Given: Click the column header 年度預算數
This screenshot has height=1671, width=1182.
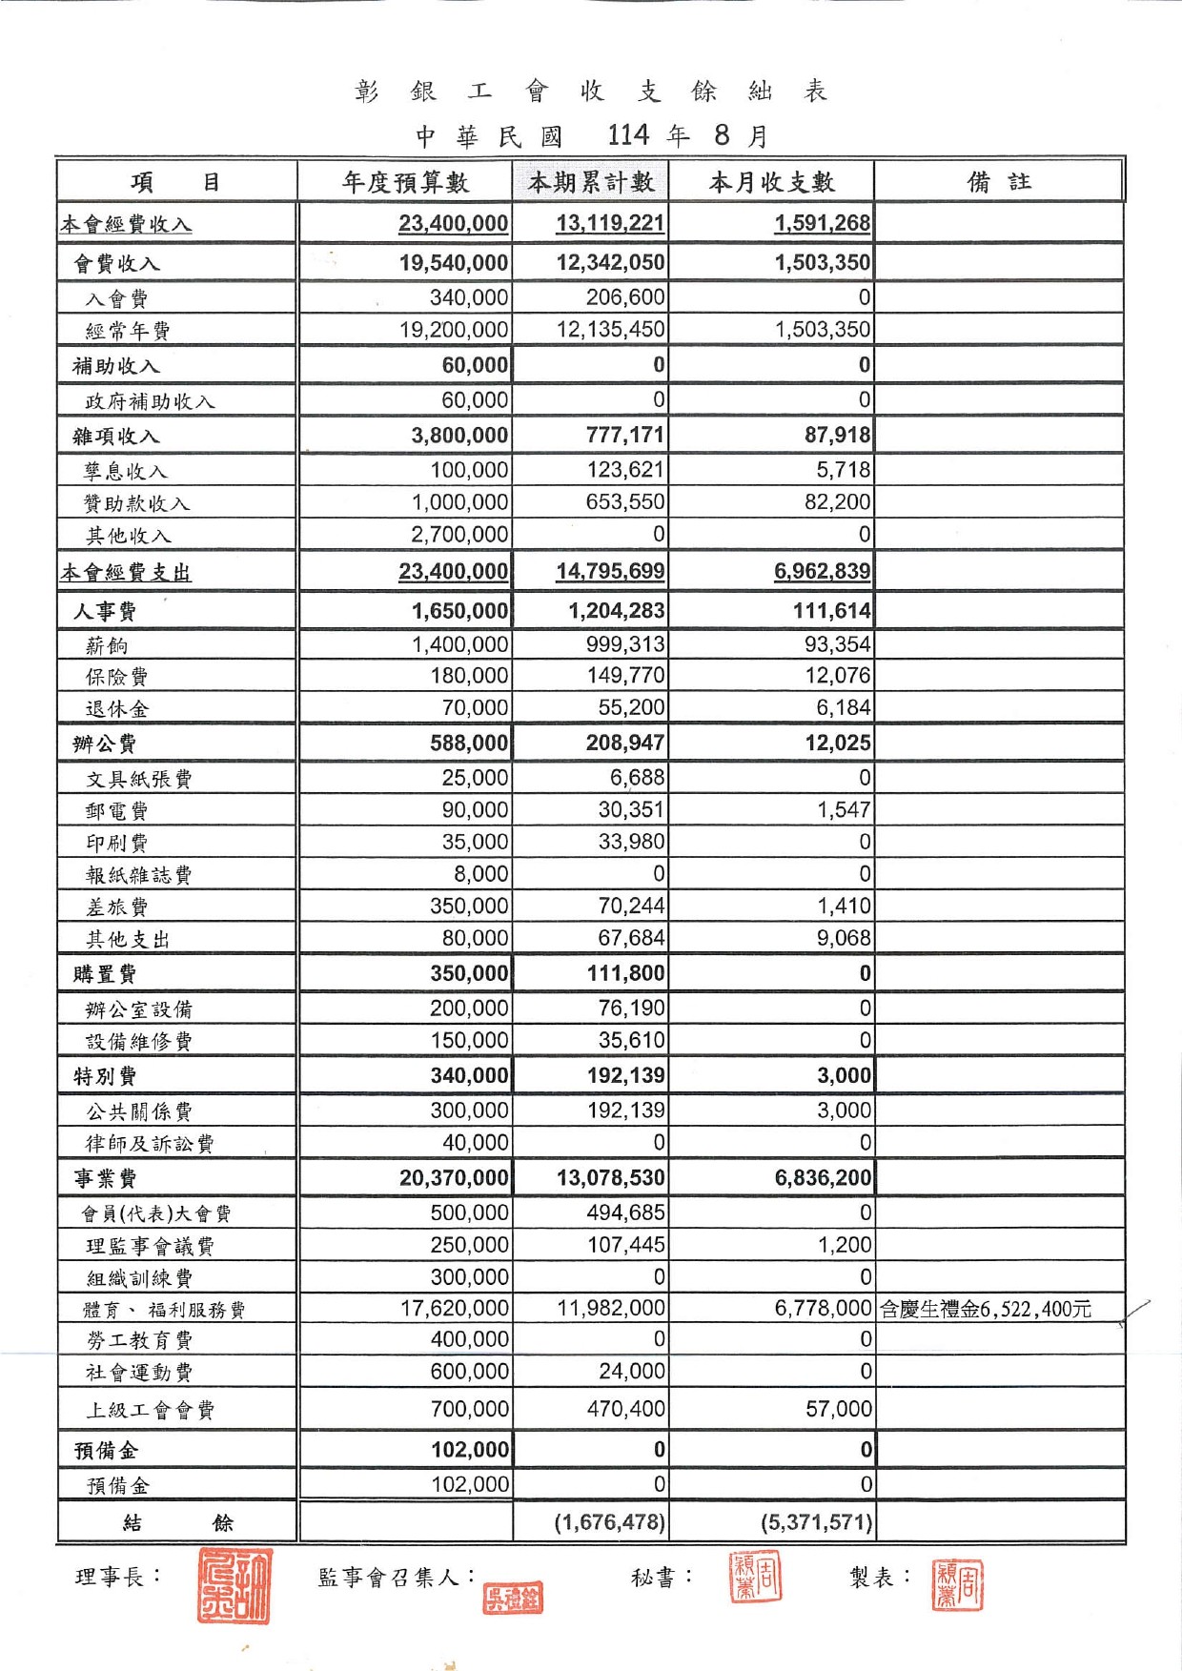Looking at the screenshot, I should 405,182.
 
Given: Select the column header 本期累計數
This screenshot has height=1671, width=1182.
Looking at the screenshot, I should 591,182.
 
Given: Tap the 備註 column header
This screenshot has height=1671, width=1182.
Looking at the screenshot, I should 998,182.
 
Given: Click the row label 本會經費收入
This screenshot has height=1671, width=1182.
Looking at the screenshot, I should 126,225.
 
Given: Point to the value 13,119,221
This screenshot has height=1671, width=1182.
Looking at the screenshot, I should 610,224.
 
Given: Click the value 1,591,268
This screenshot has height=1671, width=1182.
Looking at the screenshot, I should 822,224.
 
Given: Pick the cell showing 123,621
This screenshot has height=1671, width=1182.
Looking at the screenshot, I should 625,470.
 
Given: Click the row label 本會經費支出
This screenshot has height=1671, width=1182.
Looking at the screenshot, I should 126,573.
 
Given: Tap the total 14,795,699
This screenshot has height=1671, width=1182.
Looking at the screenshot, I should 610,572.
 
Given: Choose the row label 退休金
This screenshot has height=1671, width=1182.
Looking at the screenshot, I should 117,708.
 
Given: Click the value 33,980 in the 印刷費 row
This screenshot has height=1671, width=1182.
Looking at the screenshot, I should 631,843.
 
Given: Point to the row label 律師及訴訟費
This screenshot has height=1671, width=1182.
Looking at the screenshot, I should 150,1143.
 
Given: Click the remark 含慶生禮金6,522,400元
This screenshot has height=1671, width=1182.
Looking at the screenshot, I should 985,1310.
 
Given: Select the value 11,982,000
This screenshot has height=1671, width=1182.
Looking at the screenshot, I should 611,1309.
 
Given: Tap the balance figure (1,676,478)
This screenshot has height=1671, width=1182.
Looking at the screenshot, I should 610,1522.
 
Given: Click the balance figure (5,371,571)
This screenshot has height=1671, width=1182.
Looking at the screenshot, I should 816,1522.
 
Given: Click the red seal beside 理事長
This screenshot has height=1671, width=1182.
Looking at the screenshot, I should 234,1585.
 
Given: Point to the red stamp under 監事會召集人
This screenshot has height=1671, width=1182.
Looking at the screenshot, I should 513,1599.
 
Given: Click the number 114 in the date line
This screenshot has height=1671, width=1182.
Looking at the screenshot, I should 628,135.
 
